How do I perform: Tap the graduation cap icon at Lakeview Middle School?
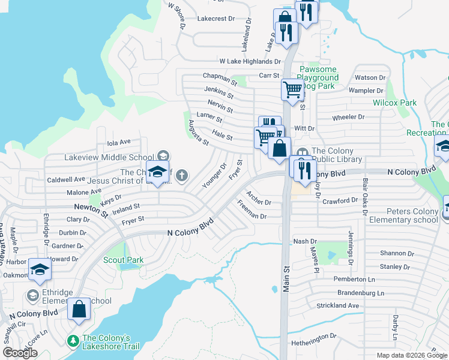(x=157, y=173)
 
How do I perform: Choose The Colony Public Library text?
(x=336, y=155)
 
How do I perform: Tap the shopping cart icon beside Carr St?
(x=292, y=90)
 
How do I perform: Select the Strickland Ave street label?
(x=337, y=305)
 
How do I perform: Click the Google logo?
(x=20, y=352)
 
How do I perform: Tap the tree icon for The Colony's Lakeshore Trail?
(x=73, y=340)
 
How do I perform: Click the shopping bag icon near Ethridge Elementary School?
(x=79, y=310)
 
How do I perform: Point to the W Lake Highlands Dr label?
(x=250, y=61)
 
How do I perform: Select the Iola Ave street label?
(x=118, y=143)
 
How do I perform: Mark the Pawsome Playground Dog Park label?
(x=318, y=78)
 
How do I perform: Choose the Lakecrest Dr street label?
(x=215, y=19)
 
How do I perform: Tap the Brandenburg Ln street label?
(x=352, y=293)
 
